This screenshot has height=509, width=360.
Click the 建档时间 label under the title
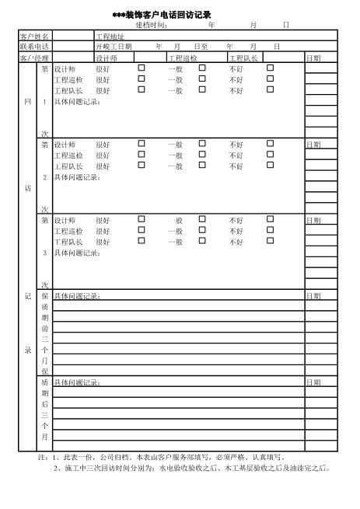point(152,25)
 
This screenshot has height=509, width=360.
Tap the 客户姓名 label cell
point(34,37)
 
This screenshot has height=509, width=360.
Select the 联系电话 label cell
point(34,47)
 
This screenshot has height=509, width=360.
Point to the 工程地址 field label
point(110,37)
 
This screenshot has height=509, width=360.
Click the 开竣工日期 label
point(114,47)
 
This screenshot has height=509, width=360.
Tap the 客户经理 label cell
point(34,58)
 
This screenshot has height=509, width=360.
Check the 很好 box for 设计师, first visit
point(142,68)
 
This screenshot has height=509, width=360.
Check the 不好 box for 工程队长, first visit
point(271,89)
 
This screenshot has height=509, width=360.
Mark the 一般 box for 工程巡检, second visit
point(202,155)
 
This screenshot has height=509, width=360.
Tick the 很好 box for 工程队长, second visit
point(142,165)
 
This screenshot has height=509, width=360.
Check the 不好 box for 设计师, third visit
point(271,220)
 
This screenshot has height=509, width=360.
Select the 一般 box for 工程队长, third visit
point(202,241)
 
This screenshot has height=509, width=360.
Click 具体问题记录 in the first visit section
point(77,101)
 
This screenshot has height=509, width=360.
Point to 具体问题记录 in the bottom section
point(77,382)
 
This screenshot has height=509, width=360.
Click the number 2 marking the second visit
point(45,176)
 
